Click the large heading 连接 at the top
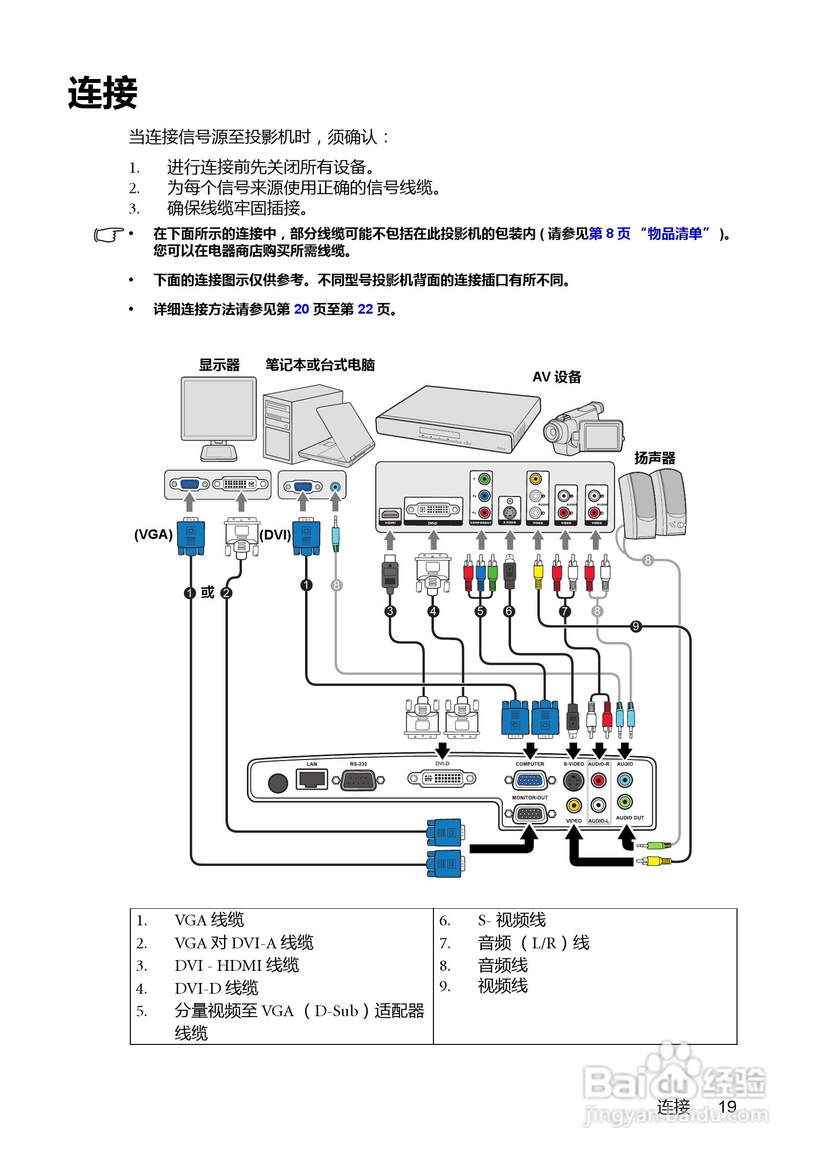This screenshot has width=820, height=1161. (x=102, y=93)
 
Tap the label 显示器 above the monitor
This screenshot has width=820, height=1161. (x=219, y=364)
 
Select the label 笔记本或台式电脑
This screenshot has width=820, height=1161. (x=320, y=364)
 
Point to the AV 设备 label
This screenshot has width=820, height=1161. (x=556, y=377)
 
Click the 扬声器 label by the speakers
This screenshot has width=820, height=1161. (x=655, y=458)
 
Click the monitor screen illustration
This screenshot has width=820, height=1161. (x=219, y=409)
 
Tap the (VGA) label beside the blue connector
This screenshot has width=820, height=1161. (x=153, y=535)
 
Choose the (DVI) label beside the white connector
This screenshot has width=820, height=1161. (x=275, y=535)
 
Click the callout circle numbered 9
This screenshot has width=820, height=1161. (x=636, y=626)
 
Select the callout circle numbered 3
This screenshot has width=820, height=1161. (x=389, y=611)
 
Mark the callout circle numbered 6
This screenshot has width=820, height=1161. (x=509, y=611)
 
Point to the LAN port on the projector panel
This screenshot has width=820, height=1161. (x=311, y=779)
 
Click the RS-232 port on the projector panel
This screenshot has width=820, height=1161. (x=358, y=780)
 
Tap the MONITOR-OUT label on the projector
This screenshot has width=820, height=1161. (x=530, y=798)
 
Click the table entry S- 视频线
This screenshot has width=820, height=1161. (x=512, y=921)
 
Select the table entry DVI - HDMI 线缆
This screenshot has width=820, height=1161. (x=236, y=965)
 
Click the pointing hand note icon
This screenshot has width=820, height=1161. (x=109, y=235)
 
